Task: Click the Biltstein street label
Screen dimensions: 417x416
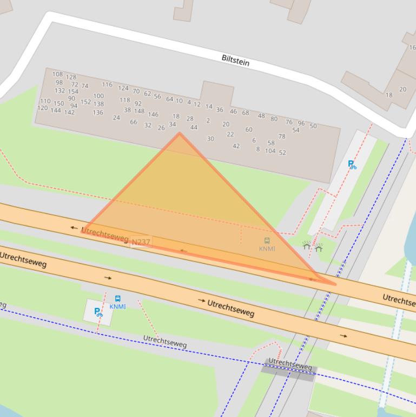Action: point(235,60)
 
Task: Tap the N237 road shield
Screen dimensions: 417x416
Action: point(141,242)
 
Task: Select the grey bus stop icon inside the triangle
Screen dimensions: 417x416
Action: point(267,240)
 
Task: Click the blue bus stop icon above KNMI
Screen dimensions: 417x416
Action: point(118,298)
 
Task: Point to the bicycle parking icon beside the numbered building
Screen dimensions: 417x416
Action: point(352,165)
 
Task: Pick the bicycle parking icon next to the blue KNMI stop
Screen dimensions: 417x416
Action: point(98,312)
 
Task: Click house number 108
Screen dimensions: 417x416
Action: point(57,74)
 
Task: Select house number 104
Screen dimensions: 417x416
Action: point(270,151)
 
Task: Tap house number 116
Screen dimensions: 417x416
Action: point(107,84)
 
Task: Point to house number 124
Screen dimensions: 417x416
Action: point(123,88)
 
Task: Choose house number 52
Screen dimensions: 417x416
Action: point(282,153)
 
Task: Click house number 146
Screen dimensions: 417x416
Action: point(154,115)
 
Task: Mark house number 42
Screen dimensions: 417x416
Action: point(236,146)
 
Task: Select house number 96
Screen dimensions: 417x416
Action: point(301,123)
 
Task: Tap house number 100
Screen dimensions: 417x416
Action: point(98,96)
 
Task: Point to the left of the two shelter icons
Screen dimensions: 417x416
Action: point(307,246)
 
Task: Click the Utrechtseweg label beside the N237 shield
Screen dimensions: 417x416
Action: point(104,234)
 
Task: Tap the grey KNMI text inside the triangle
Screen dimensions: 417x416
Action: point(267,249)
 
